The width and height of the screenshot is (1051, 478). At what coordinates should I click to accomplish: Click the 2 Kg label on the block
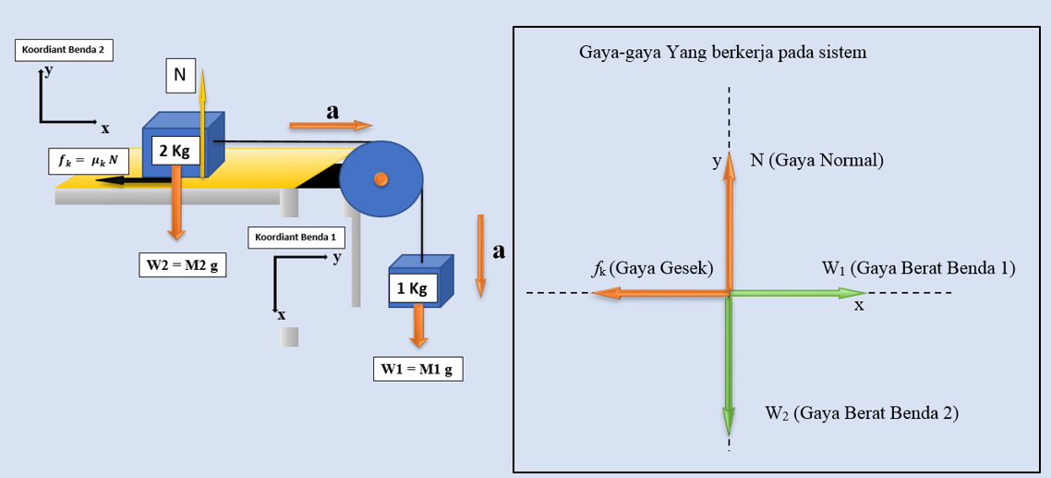(174, 151)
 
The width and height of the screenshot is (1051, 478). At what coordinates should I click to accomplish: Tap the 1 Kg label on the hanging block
(411, 288)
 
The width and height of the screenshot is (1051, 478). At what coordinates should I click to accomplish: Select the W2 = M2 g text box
(183, 265)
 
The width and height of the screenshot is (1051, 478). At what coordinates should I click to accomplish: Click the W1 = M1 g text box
(417, 369)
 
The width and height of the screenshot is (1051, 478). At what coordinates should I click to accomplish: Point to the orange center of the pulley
(380, 179)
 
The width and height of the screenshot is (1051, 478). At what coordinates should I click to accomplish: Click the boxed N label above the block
(181, 76)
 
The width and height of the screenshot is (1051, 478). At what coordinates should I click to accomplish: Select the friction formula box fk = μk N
(89, 161)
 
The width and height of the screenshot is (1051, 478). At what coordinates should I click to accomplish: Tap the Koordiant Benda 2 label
(64, 50)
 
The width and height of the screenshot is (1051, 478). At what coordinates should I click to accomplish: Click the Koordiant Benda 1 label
(296, 238)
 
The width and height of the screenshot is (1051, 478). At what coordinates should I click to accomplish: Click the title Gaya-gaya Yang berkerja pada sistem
(722, 52)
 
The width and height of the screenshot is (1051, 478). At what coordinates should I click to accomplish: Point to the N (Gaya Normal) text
(816, 160)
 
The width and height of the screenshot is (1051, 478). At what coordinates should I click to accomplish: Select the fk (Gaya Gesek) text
(653, 268)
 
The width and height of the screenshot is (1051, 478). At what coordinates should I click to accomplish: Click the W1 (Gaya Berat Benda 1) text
(918, 268)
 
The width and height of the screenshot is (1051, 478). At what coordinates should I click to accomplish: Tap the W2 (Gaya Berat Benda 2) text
(861, 412)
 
